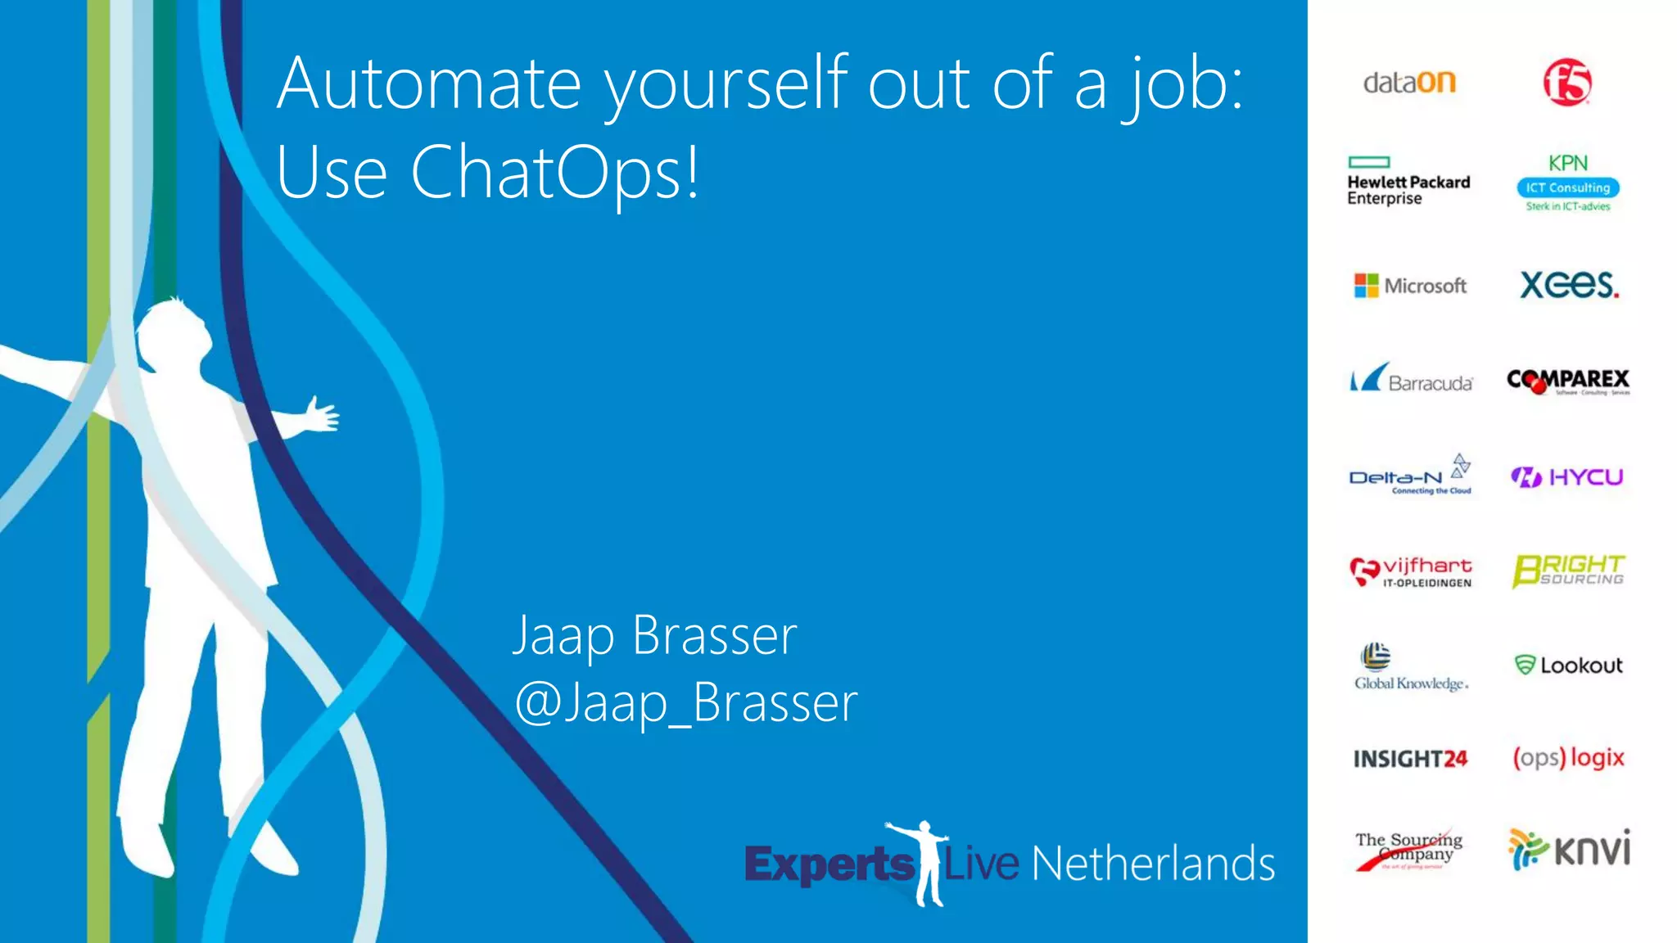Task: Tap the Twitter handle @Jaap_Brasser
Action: pyautogui.click(x=686, y=702)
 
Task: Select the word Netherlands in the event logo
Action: pyautogui.click(x=1153, y=864)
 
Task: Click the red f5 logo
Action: pyautogui.click(x=1567, y=82)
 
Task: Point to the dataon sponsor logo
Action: pyautogui.click(x=1409, y=83)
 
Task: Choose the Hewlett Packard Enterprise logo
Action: pyautogui.click(x=1408, y=182)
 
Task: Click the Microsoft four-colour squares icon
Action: pyautogui.click(x=1366, y=286)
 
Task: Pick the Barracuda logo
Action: pyautogui.click(x=1411, y=380)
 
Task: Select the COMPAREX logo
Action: pyautogui.click(x=1568, y=381)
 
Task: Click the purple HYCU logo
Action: pyautogui.click(x=1567, y=476)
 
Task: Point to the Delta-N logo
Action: pyautogui.click(x=1410, y=476)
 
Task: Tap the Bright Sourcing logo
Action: pyautogui.click(x=1568, y=571)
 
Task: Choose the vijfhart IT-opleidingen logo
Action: pyautogui.click(x=1410, y=571)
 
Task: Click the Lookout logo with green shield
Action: pyautogui.click(x=1568, y=665)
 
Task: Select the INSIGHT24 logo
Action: pyautogui.click(x=1410, y=759)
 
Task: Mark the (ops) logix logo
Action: pyautogui.click(x=1568, y=757)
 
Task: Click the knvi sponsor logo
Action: pyautogui.click(x=1568, y=849)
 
